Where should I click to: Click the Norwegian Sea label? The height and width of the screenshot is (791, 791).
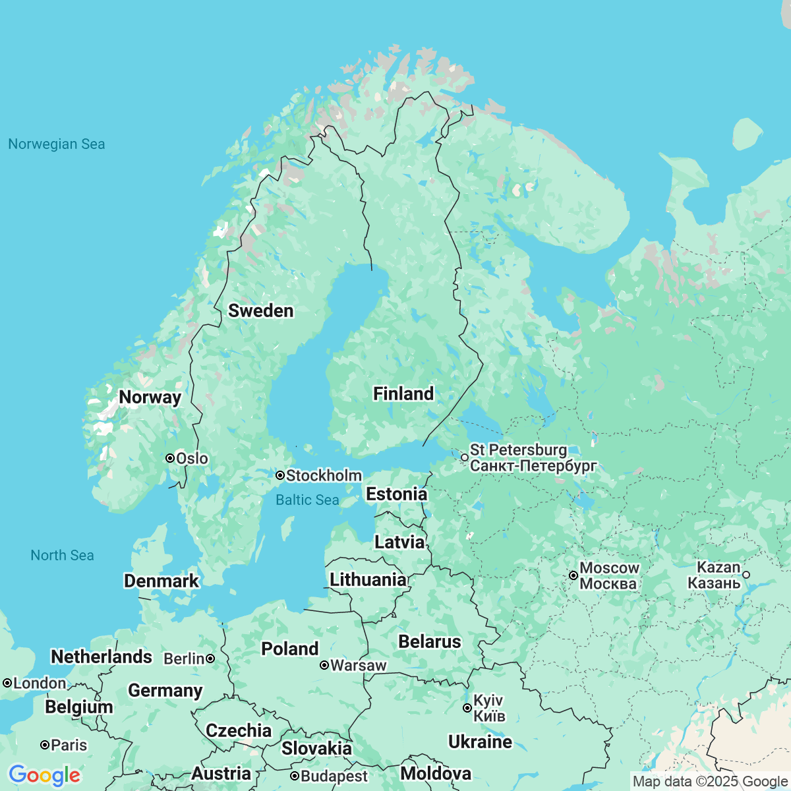tap(56, 144)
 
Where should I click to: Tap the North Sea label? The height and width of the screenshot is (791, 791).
tap(62, 556)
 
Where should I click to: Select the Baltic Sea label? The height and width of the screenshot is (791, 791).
tap(307, 500)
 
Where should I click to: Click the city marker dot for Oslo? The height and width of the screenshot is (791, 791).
tap(170, 458)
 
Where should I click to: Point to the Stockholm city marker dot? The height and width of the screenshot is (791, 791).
tap(280, 475)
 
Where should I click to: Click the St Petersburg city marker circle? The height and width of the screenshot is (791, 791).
tap(465, 457)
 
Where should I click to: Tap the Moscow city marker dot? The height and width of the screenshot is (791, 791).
tap(573, 575)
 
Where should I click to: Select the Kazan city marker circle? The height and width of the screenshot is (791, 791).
tap(746, 575)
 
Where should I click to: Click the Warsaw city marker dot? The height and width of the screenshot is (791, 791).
tap(324, 665)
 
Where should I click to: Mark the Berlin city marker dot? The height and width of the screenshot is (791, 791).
tap(210, 659)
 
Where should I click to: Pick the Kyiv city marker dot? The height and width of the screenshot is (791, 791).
tap(467, 708)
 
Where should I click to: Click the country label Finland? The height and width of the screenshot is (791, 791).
tap(403, 394)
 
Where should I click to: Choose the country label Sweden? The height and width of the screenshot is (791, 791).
tap(260, 311)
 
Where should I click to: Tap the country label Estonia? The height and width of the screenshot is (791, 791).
tap(396, 494)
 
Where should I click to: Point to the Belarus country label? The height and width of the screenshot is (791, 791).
tap(430, 642)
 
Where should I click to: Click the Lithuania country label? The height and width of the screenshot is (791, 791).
tap(368, 580)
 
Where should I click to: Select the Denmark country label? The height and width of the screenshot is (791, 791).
tap(161, 581)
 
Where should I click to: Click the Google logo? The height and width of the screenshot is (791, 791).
tap(44, 775)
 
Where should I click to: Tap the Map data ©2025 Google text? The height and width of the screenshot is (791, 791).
tap(709, 782)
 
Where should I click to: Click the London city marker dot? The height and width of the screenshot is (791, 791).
tap(7, 684)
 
